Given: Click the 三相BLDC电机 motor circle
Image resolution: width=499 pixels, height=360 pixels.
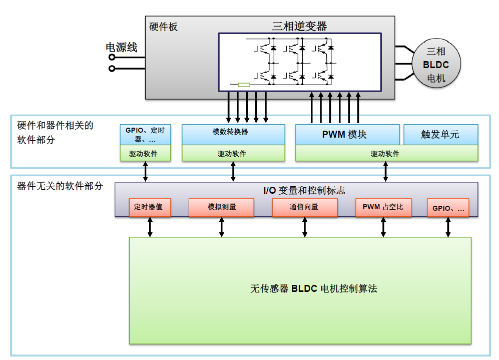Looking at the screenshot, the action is point(436,64).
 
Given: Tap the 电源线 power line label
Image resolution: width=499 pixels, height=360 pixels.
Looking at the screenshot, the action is point(122,48).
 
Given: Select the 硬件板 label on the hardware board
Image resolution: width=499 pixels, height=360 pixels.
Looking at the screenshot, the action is point(163,27).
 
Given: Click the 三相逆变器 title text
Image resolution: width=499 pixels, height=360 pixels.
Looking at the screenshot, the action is point(299,26).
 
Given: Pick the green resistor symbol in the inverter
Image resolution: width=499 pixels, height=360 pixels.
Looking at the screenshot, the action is point(244,85).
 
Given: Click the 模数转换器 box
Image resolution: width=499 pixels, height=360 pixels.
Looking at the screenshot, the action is point(233,135).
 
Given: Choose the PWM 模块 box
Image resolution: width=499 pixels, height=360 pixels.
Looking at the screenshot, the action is point(347,135).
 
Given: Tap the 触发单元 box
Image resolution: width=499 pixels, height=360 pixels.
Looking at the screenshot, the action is point(441,135).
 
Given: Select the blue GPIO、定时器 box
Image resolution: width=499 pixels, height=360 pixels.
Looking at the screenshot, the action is point(146,135).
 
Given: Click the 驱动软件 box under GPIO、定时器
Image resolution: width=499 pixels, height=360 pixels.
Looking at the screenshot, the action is point(146,153).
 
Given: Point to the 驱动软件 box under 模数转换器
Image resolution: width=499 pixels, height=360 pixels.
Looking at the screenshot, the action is point(233,153).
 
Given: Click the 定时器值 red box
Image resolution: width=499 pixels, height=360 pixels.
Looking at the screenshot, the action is point(150,207).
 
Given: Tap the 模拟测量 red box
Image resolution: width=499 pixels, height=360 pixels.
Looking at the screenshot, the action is point(222,207).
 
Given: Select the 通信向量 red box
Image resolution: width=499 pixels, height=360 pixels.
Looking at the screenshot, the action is point(305,207).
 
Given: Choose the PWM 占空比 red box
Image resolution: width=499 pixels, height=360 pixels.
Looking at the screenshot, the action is point(383,207).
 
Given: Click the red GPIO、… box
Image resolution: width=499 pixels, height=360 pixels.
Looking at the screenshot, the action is point(448,208).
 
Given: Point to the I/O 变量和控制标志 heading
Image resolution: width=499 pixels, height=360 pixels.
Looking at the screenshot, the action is point(304,190).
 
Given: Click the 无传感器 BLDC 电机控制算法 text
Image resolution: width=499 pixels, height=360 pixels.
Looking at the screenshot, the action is point(313,289).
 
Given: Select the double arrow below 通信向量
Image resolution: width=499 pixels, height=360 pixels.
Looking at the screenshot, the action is point(305,227).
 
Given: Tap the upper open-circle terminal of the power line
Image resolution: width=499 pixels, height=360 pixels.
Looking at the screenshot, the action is point(112,57).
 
